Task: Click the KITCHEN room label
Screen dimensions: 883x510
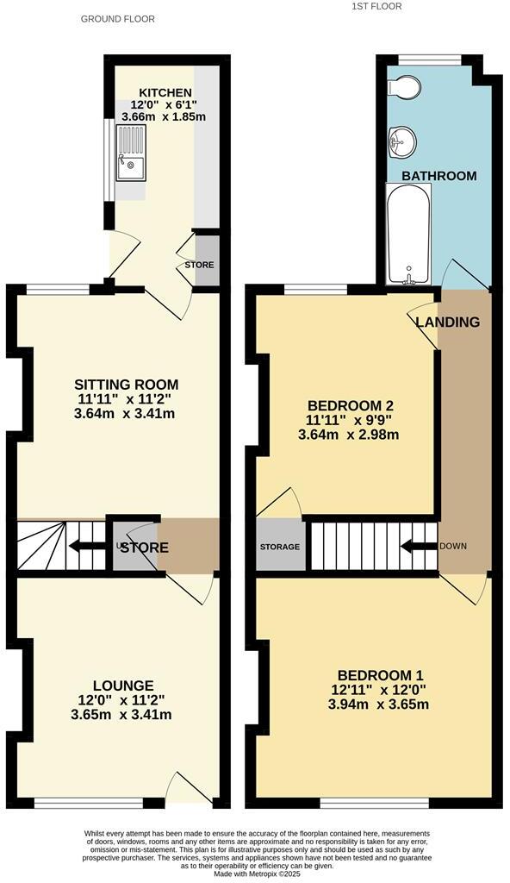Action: pos(159,91)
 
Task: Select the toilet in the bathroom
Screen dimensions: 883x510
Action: pos(404,87)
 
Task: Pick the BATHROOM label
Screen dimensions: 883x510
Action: pos(439,176)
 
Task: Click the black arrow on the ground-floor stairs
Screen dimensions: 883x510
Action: pos(85,546)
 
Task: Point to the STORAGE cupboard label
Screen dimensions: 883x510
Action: pos(280,548)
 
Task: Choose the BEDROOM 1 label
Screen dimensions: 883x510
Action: pos(380,675)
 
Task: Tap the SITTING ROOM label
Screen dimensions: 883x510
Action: pos(126,385)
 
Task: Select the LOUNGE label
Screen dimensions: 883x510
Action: pos(125,686)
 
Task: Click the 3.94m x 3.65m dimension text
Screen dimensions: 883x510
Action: pos(380,705)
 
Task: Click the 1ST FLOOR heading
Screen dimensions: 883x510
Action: pos(376,6)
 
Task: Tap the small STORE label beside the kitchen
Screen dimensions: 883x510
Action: pos(199,265)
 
